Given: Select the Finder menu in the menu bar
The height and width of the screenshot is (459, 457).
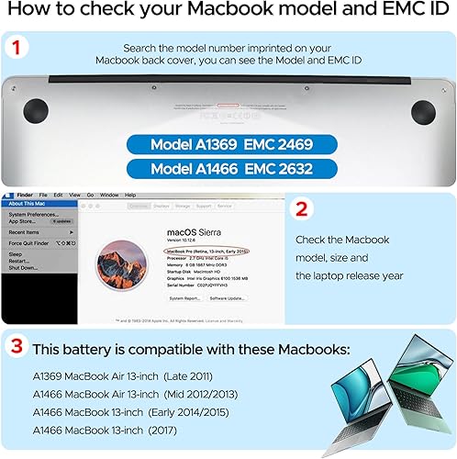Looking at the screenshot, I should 25,195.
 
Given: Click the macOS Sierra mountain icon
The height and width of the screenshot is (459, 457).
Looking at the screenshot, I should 122,261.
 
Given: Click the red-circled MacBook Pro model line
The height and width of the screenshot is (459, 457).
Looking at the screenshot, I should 203,250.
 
